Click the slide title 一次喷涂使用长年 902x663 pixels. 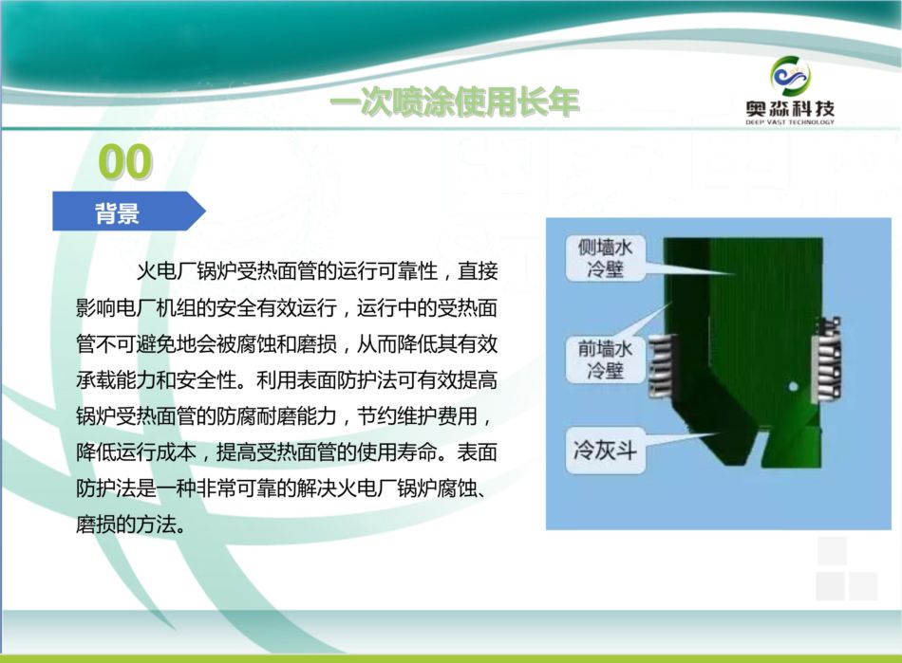[x=454, y=103]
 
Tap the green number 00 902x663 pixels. [x=124, y=161]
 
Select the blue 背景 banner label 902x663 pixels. [x=118, y=212]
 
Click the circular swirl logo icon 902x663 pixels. [x=790, y=76]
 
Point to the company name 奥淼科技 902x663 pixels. [x=790, y=108]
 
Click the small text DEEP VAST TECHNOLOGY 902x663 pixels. [x=790, y=122]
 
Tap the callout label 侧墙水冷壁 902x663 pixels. [x=605, y=258]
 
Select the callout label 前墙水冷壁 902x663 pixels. [x=605, y=359]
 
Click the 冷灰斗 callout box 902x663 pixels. [x=605, y=450]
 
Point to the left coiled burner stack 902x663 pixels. [x=663, y=366]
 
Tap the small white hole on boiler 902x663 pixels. [x=793, y=387]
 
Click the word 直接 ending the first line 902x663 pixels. [x=478, y=271]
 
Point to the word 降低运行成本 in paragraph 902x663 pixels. [x=136, y=452]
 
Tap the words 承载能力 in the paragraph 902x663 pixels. [x=116, y=379]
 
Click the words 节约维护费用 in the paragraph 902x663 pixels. [x=417, y=416]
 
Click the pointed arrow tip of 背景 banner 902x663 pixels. [x=205, y=211]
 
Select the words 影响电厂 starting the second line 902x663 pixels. [x=116, y=308]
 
